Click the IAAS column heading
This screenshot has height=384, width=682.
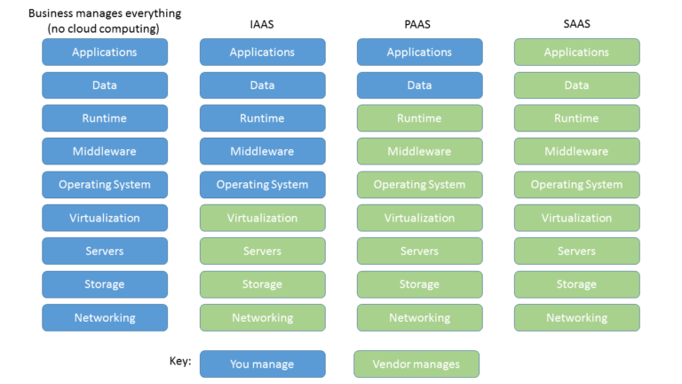[x=262, y=25]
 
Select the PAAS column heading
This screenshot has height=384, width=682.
[x=419, y=25]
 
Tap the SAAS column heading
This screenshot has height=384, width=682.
[x=576, y=25]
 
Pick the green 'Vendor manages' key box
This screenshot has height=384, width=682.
[x=416, y=364]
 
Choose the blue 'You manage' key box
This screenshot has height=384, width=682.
[x=262, y=364]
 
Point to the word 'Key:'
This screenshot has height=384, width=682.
[x=179, y=361]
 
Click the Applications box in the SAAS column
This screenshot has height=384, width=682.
[x=576, y=52]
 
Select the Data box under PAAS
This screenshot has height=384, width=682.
[x=419, y=85]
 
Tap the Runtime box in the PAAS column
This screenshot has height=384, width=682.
[x=419, y=118]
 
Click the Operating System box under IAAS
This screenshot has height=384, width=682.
[x=262, y=185]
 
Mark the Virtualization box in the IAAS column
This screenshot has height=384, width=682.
[x=262, y=218]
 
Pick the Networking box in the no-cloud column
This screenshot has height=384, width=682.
[x=105, y=317]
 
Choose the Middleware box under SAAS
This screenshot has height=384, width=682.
[x=576, y=151]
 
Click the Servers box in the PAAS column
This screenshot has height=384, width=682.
[x=419, y=252]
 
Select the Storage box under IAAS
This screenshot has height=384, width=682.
[x=262, y=284]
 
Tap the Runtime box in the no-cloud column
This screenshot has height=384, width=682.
[x=105, y=118]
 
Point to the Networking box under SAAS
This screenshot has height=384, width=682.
[x=576, y=317]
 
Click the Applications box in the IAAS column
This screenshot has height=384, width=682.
[x=262, y=52]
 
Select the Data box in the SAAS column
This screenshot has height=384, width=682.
[x=576, y=85]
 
